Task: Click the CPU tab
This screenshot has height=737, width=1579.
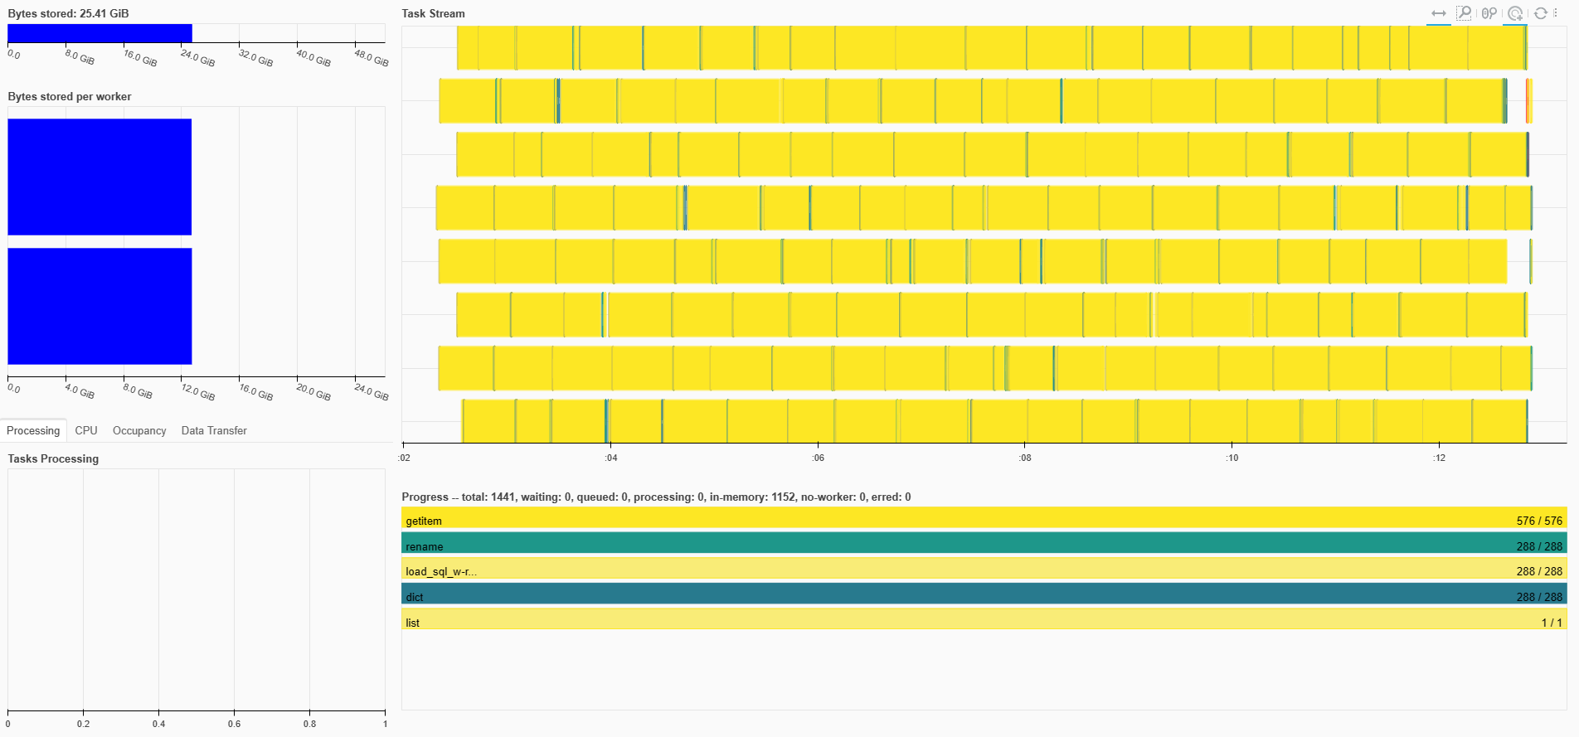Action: point(86,430)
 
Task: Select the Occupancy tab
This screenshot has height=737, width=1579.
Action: point(139,430)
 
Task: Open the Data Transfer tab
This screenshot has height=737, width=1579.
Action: point(214,430)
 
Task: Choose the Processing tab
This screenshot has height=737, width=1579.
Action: point(33,430)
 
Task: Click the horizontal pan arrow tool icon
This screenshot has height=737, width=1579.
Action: point(1439,13)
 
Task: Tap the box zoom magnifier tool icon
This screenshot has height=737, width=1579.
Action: point(1464,13)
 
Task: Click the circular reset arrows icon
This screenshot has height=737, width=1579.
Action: point(1540,13)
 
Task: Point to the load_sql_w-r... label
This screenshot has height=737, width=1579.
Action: point(441,571)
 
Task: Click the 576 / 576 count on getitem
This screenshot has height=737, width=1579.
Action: point(1538,521)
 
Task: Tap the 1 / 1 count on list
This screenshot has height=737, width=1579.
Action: point(1552,623)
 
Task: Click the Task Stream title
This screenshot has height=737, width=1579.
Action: point(433,13)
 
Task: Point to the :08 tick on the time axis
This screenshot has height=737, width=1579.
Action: point(1025,457)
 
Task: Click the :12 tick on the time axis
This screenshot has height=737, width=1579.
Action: point(1439,457)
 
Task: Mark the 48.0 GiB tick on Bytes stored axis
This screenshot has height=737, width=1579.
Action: point(371,57)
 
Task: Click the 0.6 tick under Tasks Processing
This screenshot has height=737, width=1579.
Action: point(235,724)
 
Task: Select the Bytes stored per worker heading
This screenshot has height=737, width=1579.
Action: point(70,96)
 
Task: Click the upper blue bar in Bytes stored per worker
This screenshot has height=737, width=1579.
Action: point(100,177)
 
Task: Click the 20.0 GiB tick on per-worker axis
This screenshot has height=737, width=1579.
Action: point(313,391)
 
